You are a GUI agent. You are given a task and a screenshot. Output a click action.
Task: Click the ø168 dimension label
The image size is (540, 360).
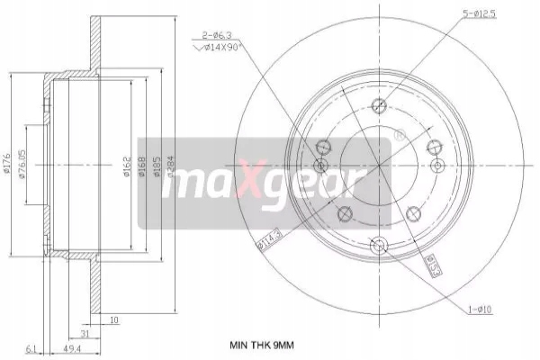pyautogui.click(x=141, y=166)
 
